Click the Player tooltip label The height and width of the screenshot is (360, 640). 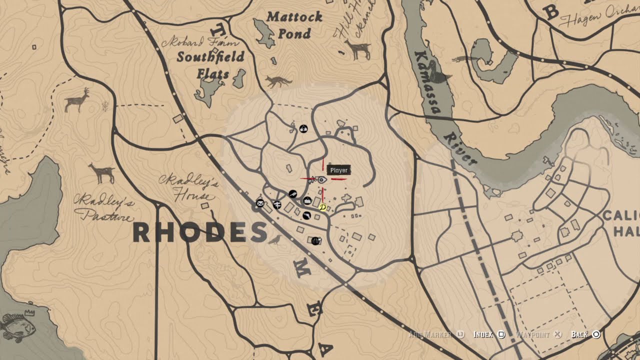338,170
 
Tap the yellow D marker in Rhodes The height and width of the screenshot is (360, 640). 322,207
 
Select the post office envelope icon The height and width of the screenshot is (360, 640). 260,203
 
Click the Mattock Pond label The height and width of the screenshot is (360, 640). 294,25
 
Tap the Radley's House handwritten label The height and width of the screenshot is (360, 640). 189,186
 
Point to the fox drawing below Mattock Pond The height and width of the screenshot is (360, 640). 278,81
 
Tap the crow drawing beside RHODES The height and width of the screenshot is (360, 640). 274,240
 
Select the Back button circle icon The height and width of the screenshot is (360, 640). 596,334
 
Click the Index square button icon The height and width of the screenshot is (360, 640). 501,334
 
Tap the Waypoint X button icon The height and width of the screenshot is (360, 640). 558,334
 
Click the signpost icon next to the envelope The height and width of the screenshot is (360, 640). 277,205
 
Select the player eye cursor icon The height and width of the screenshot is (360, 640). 322,179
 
